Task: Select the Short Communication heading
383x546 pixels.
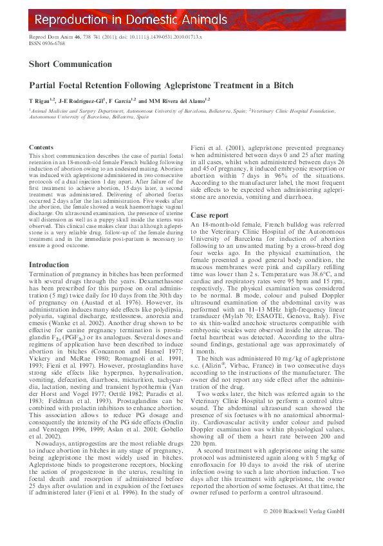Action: (x=70, y=64)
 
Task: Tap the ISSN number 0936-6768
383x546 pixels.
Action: (x=52, y=44)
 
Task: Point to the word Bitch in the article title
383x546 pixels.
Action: (x=281, y=85)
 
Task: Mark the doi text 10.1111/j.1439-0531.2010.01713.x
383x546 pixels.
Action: (x=157, y=38)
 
